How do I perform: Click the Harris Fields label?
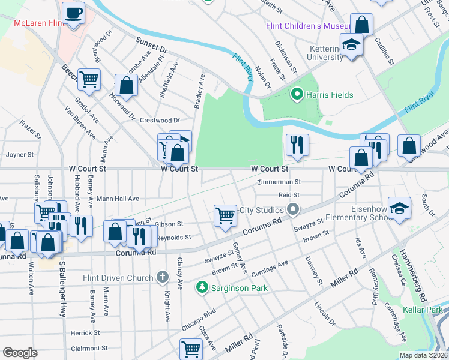[x=330, y=95]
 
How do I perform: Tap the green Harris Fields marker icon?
[x=295, y=94]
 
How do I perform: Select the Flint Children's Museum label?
[x=308, y=26]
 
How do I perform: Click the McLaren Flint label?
[x=39, y=23]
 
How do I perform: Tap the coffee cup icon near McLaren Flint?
[x=73, y=13]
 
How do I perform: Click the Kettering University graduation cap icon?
[x=351, y=44]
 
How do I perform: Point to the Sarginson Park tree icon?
[x=202, y=288]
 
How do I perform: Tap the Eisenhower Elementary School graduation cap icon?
[x=399, y=208]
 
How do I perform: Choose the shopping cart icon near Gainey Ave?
[x=225, y=215]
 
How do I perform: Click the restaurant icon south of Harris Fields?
[x=297, y=144]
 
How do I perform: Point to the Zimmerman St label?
[x=278, y=182]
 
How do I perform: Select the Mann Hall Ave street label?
[x=118, y=199]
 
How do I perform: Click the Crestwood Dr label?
[x=160, y=121]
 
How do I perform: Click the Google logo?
[x=20, y=353]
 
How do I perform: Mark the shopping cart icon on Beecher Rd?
[x=89, y=79]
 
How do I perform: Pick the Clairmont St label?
[x=89, y=348]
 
